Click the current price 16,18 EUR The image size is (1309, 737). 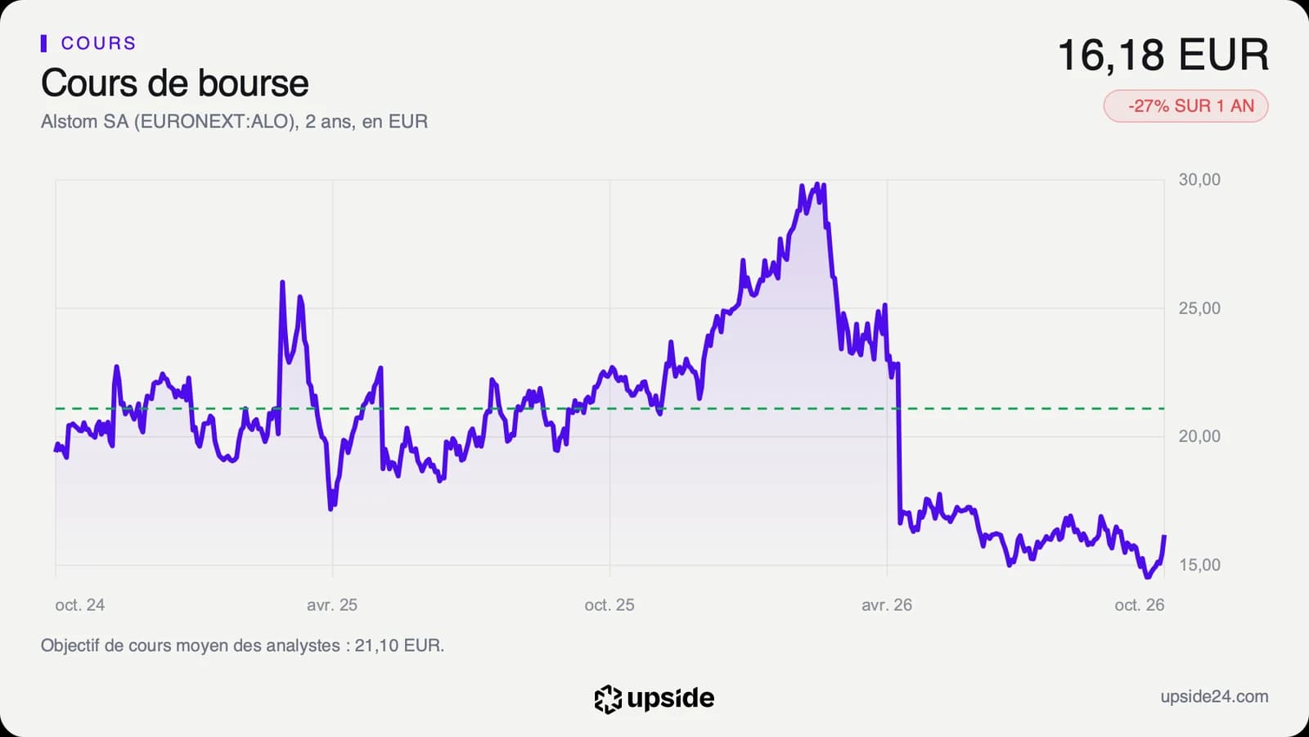tap(1163, 55)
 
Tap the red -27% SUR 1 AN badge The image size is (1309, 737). tap(1185, 106)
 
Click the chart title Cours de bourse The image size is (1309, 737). tap(175, 83)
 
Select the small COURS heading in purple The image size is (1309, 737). tap(98, 43)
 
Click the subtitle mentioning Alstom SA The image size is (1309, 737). tap(234, 122)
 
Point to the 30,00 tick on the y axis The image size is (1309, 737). tap(1199, 179)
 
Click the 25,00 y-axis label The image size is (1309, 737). tap(1199, 308)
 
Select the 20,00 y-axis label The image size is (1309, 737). tap(1199, 436)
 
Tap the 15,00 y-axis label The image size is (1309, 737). tap(1199, 564)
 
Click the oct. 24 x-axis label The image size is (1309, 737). tap(80, 605)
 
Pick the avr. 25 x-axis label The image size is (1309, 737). tap(332, 605)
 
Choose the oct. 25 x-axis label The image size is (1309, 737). tap(610, 605)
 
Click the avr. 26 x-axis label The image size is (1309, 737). tap(887, 605)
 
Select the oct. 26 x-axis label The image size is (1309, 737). tap(1140, 605)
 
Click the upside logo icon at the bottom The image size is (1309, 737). tap(608, 699)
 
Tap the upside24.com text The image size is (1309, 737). tap(1214, 697)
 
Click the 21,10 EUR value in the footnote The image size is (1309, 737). tap(398, 646)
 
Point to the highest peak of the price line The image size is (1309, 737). tap(817, 184)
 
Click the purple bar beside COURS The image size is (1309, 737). tap(44, 43)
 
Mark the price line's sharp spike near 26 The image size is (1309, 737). tap(282, 282)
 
